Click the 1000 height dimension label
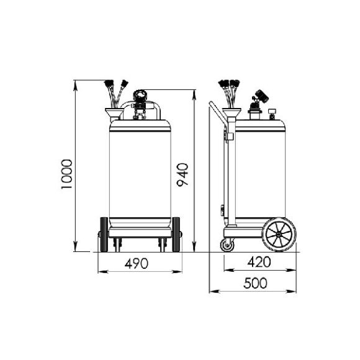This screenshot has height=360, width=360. click(x=66, y=174)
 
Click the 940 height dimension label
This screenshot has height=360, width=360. click(x=182, y=174)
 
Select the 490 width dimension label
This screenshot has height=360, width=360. click(x=137, y=263)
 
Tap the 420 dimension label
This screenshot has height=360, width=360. click(x=259, y=262)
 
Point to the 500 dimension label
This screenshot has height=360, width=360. click(x=255, y=283)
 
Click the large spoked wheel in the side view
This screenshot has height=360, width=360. click(x=279, y=235)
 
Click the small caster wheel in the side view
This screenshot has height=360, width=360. click(x=227, y=245)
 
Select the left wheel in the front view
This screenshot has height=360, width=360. click(x=104, y=235)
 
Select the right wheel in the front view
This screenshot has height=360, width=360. click(x=176, y=235)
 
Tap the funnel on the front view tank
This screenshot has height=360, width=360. click(x=114, y=113)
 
